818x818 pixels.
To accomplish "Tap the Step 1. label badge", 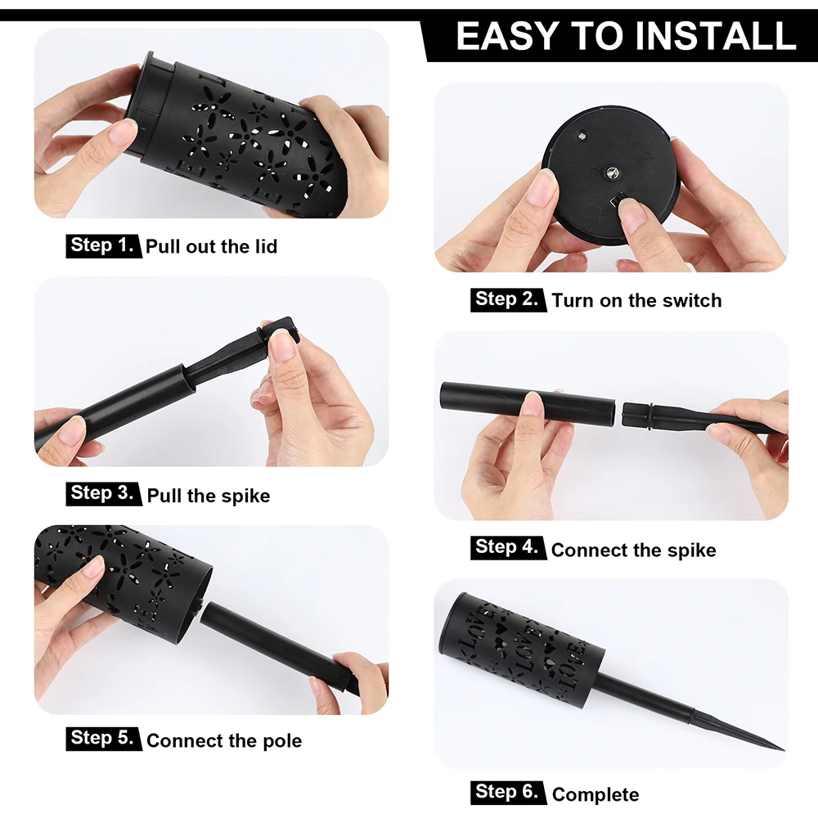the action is [103, 245].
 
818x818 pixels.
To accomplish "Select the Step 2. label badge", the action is [508, 299].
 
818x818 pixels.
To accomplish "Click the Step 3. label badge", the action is [103, 493].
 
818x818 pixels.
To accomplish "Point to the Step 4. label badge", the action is [508, 548].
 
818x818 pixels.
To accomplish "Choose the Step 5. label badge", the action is [103, 739].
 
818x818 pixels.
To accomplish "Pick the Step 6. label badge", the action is [508, 793].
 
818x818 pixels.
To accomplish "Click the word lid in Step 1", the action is [266, 246].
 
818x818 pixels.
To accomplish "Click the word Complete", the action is [596, 794].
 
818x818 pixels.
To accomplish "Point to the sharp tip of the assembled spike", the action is [784, 749].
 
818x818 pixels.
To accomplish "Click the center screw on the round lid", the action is [610, 173].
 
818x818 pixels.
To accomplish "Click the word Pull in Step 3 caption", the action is [164, 496].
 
